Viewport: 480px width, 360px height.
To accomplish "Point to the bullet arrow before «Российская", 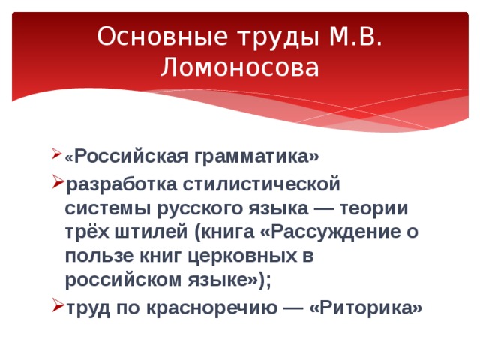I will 57,157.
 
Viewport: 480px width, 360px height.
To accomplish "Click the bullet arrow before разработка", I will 57,182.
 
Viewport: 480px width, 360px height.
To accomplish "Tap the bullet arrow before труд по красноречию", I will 57,307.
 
